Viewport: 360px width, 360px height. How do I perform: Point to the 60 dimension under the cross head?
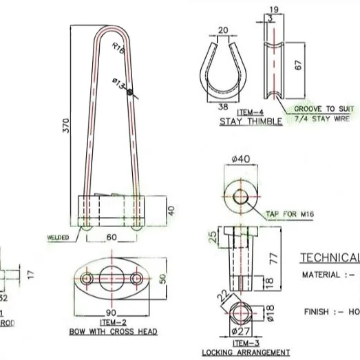pos(112,237)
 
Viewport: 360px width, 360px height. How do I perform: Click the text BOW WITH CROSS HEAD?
pos(112,332)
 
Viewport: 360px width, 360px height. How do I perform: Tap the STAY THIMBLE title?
pos(251,122)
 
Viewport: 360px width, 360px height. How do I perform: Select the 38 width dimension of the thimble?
pos(224,107)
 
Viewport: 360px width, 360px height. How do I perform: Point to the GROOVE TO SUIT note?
pos(324,109)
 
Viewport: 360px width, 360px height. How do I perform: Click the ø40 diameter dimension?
pos(240,159)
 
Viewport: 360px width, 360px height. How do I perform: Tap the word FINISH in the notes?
pos(317,312)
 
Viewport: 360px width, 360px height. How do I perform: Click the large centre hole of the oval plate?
pos(112,278)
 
